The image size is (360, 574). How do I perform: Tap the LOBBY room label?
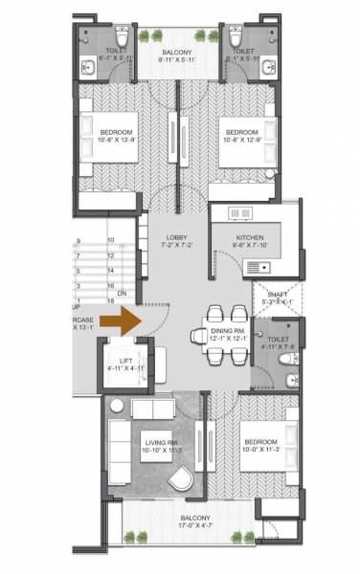pyautogui.click(x=176, y=237)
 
